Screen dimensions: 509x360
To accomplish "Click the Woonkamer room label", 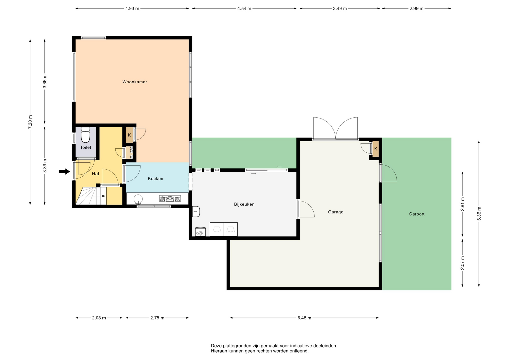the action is click(135, 82).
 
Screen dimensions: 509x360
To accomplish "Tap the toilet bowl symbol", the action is click(85, 135).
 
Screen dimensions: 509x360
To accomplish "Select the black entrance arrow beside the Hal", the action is click(64, 172).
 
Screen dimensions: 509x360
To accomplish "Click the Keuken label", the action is click(155, 179).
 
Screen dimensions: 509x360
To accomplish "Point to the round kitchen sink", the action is click(138, 199).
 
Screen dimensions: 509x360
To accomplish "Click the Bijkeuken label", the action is click(244, 204).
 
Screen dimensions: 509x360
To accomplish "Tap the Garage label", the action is click(336, 212).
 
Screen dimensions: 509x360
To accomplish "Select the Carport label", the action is click(417, 214).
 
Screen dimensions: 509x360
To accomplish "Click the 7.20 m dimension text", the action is click(30, 122).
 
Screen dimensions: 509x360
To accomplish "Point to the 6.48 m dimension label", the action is click(304, 318).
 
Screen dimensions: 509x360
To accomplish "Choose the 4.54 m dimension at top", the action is click(244, 8).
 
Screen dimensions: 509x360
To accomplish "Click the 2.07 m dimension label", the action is click(463, 263).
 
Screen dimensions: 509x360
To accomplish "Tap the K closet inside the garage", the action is click(376, 149).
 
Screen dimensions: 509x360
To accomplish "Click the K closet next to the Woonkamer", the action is click(129, 135).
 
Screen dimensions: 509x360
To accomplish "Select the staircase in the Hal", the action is click(91, 196).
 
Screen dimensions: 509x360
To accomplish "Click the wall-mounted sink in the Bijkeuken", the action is click(196, 212).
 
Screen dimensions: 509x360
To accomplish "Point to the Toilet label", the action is click(86, 147).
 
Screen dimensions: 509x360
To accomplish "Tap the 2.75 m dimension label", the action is click(157, 318).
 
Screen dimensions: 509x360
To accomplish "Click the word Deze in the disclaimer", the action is click(216, 346).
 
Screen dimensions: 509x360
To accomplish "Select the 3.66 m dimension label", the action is click(45, 81).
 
